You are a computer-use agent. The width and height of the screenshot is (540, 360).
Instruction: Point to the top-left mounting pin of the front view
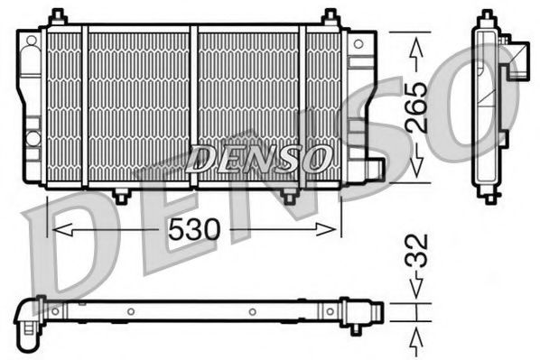point(58,16)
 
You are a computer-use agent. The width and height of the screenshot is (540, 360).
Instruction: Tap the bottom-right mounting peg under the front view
point(288,195)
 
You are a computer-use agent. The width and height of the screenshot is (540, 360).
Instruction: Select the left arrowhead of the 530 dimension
point(56,230)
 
